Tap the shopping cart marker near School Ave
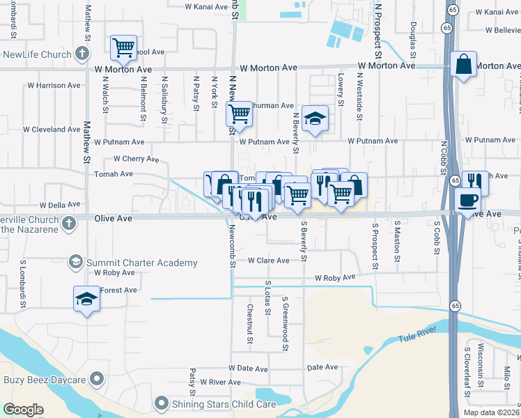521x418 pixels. (x=123, y=48)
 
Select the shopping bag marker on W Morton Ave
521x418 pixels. (x=463, y=65)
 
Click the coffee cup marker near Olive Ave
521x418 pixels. (x=467, y=199)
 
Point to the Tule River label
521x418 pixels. (x=417, y=338)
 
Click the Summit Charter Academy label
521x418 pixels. (x=141, y=263)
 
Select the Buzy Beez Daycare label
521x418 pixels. (x=45, y=380)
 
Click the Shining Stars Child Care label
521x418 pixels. (x=212, y=403)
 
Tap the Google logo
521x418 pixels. (x=23, y=410)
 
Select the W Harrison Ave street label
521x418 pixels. (x=54, y=85)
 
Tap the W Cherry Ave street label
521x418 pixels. (x=136, y=159)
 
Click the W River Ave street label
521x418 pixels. (x=220, y=382)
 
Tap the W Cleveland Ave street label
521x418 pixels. (x=52, y=130)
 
